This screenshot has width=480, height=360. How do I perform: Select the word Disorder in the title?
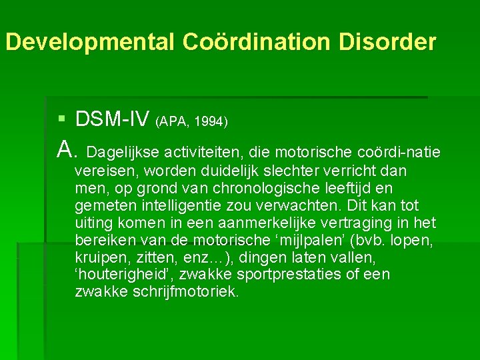pos(387,43)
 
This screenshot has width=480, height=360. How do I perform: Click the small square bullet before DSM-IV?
pos(62,119)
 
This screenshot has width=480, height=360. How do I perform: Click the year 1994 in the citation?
pos(212,122)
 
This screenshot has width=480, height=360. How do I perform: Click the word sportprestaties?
pos(269,275)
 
